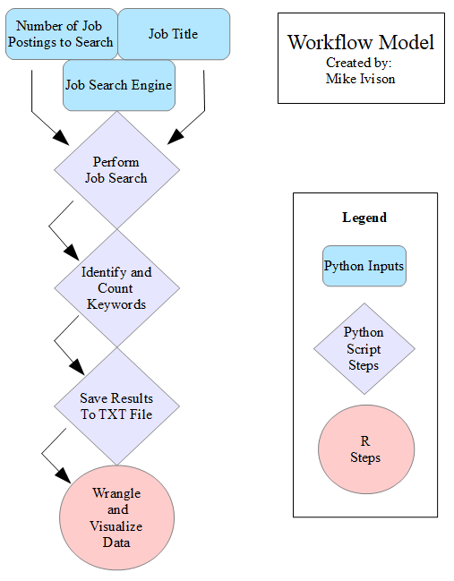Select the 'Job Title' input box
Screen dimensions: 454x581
[x=174, y=34]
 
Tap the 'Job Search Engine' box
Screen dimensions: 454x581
[x=119, y=85]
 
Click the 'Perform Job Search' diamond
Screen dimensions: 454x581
[x=117, y=170]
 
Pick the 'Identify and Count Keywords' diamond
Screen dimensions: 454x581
[x=117, y=288]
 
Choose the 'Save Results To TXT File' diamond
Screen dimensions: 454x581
[x=117, y=406]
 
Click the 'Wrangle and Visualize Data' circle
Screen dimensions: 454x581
[x=117, y=517]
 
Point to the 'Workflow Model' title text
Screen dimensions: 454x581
[x=361, y=42]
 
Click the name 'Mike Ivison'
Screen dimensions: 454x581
[x=360, y=79]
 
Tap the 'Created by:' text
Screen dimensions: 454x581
[x=359, y=63]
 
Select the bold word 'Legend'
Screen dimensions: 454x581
[x=364, y=218]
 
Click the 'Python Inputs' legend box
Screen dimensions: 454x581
[x=364, y=266]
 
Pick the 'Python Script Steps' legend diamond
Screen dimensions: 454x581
[x=364, y=348]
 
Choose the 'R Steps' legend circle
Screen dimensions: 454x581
[x=366, y=449]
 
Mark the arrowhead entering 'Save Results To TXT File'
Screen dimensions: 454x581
[x=78, y=367]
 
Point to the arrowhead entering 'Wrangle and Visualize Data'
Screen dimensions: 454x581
[x=64, y=475]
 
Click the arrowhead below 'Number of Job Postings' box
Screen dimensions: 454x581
[x=62, y=138]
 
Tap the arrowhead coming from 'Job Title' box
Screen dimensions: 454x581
[x=176, y=137]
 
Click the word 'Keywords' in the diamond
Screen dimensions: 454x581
[x=116, y=304]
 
